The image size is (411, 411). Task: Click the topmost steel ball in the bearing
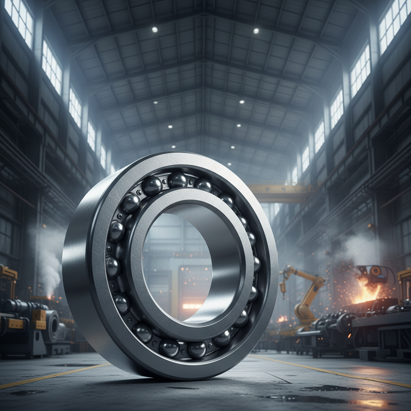click(x=177, y=179)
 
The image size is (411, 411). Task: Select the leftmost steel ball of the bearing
click(x=113, y=267)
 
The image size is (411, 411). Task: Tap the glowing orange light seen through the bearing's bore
click(x=192, y=306)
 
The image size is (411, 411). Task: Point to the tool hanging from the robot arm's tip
click(x=283, y=287)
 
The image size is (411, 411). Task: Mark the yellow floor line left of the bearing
click(x=52, y=375)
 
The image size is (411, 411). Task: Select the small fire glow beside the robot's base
click(x=283, y=319)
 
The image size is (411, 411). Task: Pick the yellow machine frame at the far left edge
click(x=7, y=277)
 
